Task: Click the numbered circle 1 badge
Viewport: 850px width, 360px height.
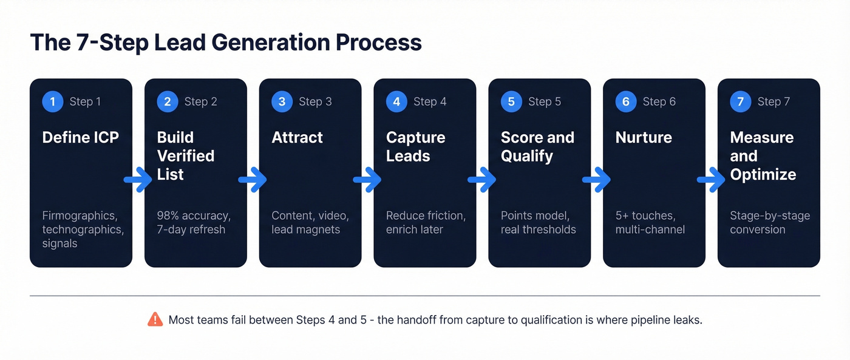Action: coord(52,101)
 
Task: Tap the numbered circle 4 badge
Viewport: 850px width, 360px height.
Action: coord(396,101)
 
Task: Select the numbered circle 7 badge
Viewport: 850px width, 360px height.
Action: coord(740,101)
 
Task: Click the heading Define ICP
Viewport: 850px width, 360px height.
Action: coord(80,137)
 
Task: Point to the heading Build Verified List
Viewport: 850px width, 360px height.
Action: coord(185,155)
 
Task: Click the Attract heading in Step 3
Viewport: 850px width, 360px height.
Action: coord(297,137)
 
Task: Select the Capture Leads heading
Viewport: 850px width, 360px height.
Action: coord(415,146)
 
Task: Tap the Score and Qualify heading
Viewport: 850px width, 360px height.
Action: coord(537,146)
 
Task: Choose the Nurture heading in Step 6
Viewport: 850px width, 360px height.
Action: coord(643,137)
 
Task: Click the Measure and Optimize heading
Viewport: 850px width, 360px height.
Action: coord(763,155)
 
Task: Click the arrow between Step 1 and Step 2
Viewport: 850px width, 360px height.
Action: coord(138,180)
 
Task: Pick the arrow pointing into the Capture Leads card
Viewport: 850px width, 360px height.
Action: coord(367,180)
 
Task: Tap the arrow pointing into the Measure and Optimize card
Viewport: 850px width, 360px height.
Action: coord(711,180)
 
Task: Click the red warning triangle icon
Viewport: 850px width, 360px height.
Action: coord(155,319)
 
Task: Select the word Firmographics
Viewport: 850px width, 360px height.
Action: coord(79,216)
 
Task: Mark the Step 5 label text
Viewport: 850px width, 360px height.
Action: coord(544,101)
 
